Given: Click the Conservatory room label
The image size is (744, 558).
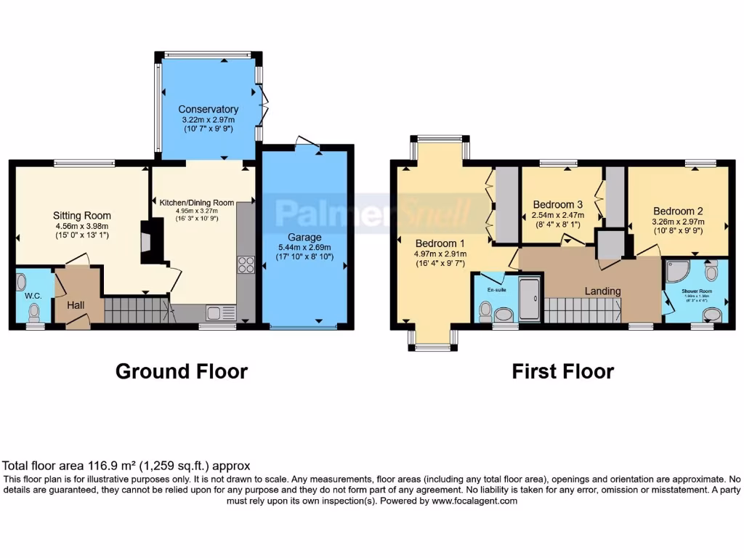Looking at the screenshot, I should tap(209, 110).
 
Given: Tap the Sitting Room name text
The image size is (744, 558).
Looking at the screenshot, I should tap(81, 215).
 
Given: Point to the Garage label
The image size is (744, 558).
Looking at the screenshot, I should tap(304, 238).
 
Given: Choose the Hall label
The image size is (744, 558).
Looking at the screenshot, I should tap(76, 305).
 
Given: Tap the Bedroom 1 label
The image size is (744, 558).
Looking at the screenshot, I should tap(439, 243).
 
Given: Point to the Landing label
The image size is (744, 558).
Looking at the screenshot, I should tap(603, 291).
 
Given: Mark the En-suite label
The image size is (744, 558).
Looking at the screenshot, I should tap(496, 289).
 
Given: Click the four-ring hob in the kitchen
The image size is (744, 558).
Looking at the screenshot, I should tap(246, 264).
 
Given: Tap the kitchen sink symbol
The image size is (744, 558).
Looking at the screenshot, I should tap(220, 313).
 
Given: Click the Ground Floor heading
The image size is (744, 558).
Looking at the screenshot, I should tap(182, 371).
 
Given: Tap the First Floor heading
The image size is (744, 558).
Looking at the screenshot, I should tap(562, 371).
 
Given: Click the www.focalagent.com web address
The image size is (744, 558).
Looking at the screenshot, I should tap(474, 501).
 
